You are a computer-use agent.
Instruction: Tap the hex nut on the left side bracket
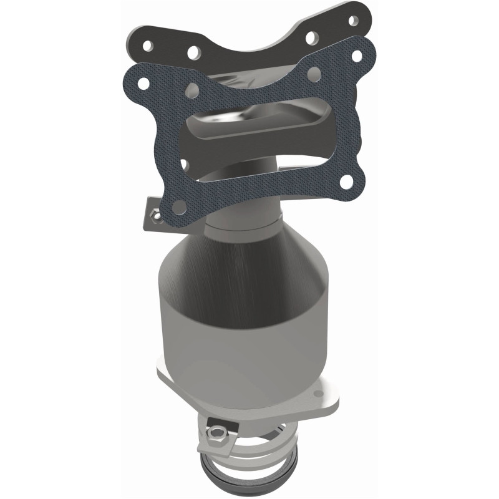(152, 216)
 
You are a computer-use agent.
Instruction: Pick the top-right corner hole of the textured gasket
(357, 56)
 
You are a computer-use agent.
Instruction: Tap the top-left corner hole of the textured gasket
(143, 82)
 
